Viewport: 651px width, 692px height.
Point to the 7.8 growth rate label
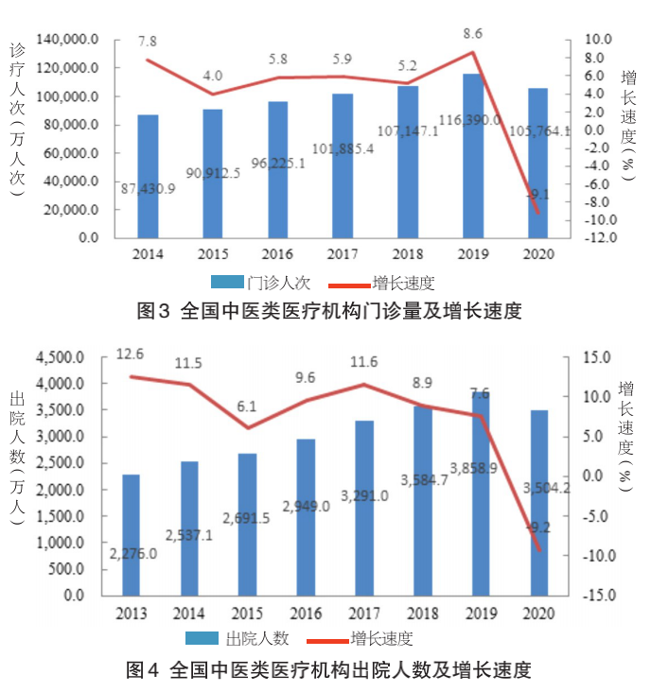coord(148,42)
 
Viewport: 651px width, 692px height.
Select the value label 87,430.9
coord(149,189)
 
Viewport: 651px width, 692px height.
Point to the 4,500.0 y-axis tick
coord(60,357)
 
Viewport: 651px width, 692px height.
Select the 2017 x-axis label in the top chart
coord(343,254)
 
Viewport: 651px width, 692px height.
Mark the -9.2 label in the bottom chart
coord(536,528)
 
